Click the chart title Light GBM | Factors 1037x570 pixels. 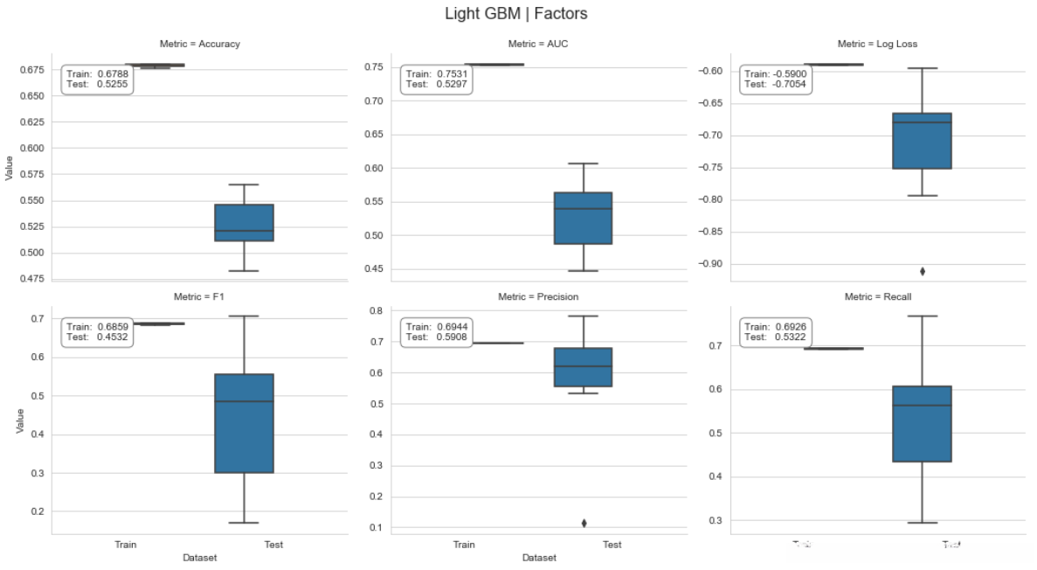(515, 14)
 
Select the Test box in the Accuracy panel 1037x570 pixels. (245, 223)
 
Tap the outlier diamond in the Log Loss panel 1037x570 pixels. (923, 271)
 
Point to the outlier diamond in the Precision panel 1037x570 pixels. (584, 523)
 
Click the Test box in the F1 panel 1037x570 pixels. (245, 423)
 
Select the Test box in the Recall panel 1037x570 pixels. (923, 423)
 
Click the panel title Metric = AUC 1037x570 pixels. (539, 44)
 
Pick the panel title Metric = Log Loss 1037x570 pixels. (877, 44)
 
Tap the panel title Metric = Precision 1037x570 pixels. (538, 297)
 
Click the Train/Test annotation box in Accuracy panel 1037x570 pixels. (97, 80)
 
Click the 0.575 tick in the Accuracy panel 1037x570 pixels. (31, 175)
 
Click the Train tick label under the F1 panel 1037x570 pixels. (126, 545)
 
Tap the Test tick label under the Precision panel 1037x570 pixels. (612, 545)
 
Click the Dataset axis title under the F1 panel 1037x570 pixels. (200, 558)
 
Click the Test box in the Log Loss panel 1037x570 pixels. (923, 141)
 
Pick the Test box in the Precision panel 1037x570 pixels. (584, 367)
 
